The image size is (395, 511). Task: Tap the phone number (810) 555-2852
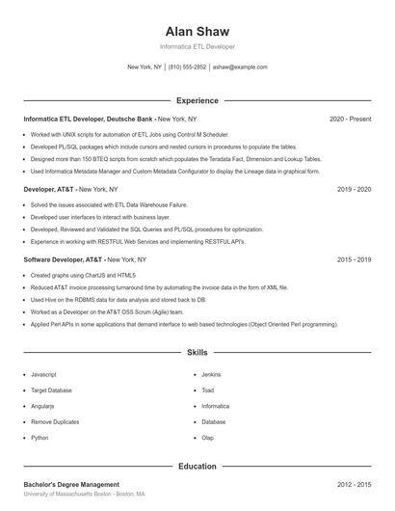click(187, 67)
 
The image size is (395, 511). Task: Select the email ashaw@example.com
click(240, 67)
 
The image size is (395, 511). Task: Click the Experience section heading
click(197, 100)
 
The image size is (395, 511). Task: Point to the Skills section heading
click(197, 353)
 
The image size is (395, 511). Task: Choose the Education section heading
click(197, 466)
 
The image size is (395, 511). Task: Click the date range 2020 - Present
click(350, 119)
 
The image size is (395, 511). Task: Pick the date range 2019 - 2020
click(354, 189)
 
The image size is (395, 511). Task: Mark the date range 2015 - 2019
click(354, 259)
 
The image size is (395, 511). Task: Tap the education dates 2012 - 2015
click(354, 484)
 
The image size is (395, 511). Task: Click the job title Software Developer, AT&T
click(63, 259)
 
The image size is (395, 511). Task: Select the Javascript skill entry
click(43, 374)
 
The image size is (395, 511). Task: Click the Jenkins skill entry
click(211, 374)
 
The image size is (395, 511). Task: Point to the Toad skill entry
click(207, 390)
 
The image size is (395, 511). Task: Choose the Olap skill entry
click(207, 438)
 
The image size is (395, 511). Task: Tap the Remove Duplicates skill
click(55, 422)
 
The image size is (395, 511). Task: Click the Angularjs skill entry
click(43, 406)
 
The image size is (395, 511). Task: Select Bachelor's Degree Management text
click(71, 484)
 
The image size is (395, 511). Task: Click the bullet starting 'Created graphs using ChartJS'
click(82, 275)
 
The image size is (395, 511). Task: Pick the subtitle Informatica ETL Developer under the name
click(197, 46)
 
